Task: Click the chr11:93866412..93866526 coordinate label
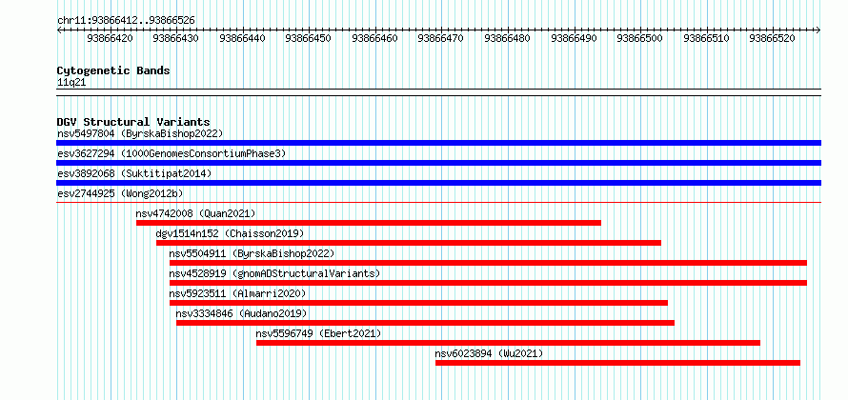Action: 126,21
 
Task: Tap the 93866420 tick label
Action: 110,38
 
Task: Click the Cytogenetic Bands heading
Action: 113,70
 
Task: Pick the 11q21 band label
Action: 71,83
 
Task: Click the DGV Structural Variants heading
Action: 133,122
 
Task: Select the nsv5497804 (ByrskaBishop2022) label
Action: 140,133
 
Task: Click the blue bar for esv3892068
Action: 438,183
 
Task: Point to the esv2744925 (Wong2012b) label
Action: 124,193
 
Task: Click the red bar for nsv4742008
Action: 369,223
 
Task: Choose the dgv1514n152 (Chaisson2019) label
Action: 230,233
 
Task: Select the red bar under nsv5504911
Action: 488,263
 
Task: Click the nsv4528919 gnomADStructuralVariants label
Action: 274,273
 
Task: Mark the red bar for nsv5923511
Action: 418,303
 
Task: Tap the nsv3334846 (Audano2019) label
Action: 241,313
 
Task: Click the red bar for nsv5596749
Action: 508,343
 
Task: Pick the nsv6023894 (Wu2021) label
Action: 489,353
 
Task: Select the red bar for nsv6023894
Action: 617,363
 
